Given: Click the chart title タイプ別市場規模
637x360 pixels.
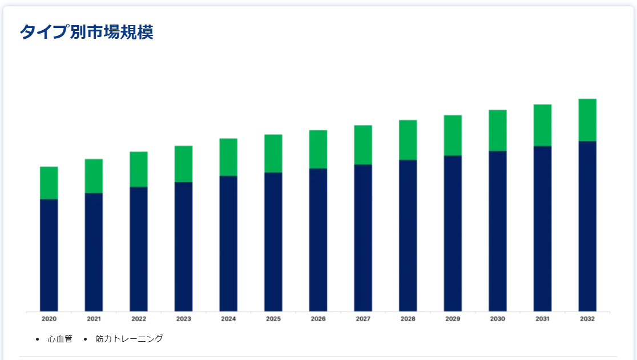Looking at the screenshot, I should [x=87, y=32].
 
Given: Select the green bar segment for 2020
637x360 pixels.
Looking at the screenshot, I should [x=49, y=183].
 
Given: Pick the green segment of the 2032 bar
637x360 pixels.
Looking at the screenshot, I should [x=587, y=120].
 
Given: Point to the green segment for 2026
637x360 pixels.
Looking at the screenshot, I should [x=318, y=149].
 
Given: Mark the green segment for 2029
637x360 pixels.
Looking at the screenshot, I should [x=453, y=135].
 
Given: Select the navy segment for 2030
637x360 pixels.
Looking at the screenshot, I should [x=498, y=231].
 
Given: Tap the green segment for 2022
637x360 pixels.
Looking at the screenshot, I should [x=139, y=169].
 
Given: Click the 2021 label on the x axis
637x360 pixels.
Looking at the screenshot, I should [x=94, y=319].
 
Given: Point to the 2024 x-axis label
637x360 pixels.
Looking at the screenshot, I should [x=228, y=319].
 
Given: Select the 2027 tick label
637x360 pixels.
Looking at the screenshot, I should [x=363, y=319].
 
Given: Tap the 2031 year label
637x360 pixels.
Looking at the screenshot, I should [x=542, y=319].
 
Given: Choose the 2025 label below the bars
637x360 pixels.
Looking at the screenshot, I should [x=273, y=319].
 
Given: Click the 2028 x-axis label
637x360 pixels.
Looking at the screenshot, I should [x=408, y=319].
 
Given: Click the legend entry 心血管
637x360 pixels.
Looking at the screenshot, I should [x=59, y=339].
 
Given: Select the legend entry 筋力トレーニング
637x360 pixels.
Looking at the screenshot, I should [x=129, y=339].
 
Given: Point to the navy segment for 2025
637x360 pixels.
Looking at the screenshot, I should [x=273, y=242].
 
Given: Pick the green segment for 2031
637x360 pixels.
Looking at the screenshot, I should [x=542, y=125].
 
